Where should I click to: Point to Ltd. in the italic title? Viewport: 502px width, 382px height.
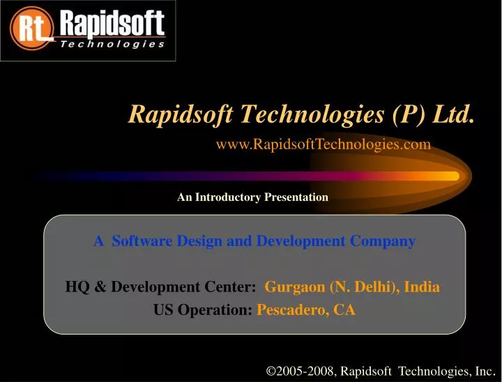(x=453, y=112)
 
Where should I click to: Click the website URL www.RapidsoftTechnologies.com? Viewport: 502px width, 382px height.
(x=324, y=144)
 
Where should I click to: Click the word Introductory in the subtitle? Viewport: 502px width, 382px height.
(x=229, y=197)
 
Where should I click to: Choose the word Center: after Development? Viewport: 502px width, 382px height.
(x=234, y=286)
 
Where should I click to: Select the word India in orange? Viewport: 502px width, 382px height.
(x=422, y=286)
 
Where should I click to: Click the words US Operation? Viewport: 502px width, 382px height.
(x=203, y=311)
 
